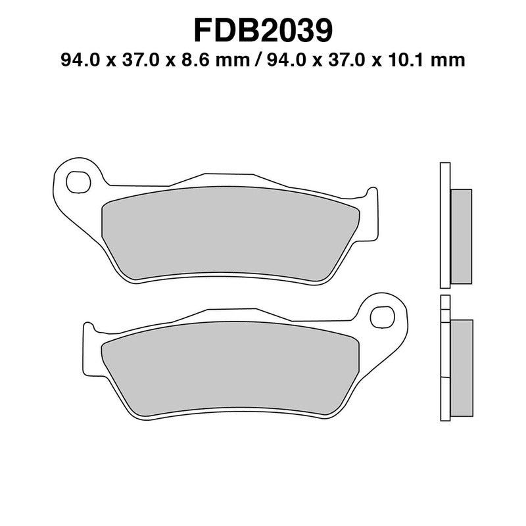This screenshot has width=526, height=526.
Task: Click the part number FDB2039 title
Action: click(263, 30)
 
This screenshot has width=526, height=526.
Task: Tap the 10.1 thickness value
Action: click(419, 60)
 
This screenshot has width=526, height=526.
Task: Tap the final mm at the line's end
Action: click(452, 60)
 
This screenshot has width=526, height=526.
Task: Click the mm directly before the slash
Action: click(235, 60)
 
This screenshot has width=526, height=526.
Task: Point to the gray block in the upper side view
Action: click(462, 236)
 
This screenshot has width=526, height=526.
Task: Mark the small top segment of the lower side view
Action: click(445, 303)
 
